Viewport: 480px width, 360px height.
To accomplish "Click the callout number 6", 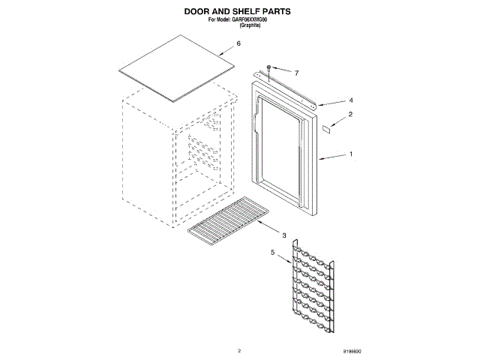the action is (x=238, y=43).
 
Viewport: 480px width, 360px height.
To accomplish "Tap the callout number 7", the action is (x=296, y=73).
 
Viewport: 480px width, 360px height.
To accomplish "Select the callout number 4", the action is (x=350, y=100).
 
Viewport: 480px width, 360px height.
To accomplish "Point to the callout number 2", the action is (x=350, y=115).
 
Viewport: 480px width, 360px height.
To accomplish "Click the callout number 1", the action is (x=350, y=155).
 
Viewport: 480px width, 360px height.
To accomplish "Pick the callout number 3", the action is (x=284, y=235).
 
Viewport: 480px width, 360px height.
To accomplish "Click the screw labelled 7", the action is (x=268, y=68).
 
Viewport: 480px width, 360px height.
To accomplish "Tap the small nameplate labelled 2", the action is (x=327, y=128).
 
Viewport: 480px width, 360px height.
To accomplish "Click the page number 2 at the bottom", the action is (x=239, y=350).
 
